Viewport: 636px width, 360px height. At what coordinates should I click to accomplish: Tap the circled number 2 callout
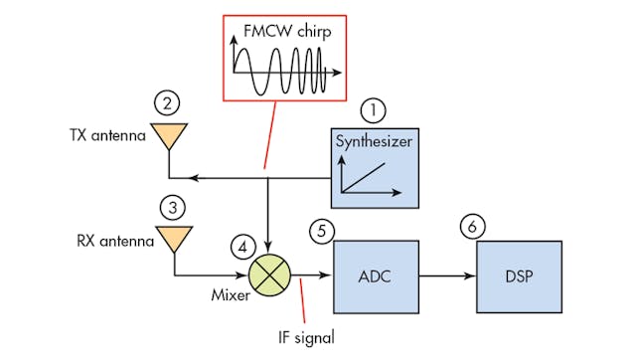tap(168, 101)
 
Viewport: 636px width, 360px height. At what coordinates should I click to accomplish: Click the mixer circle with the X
tap(266, 272)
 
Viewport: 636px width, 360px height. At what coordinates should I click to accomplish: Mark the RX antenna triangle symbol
tap(176, 240)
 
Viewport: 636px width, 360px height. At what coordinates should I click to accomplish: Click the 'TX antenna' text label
tap(104, 134)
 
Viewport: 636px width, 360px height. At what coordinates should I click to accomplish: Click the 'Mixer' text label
tap(228, 295)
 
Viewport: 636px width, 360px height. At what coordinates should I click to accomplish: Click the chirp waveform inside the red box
tap(284, 73)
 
